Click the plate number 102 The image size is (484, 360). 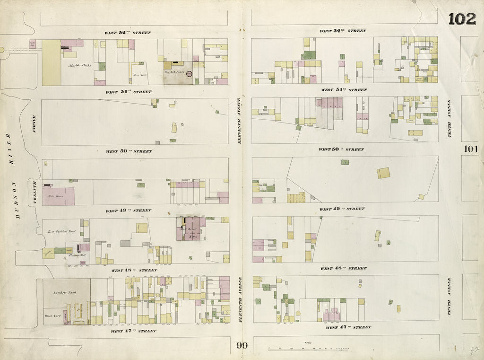coord(462,19)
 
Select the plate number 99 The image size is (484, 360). coord(242,345)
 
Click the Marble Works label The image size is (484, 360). coord(79,65)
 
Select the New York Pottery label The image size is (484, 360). coord(174,72)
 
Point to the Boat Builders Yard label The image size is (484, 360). coord(62,232)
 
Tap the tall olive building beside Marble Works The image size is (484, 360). coord(51,62)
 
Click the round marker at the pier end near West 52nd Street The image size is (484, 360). coord(1,49)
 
